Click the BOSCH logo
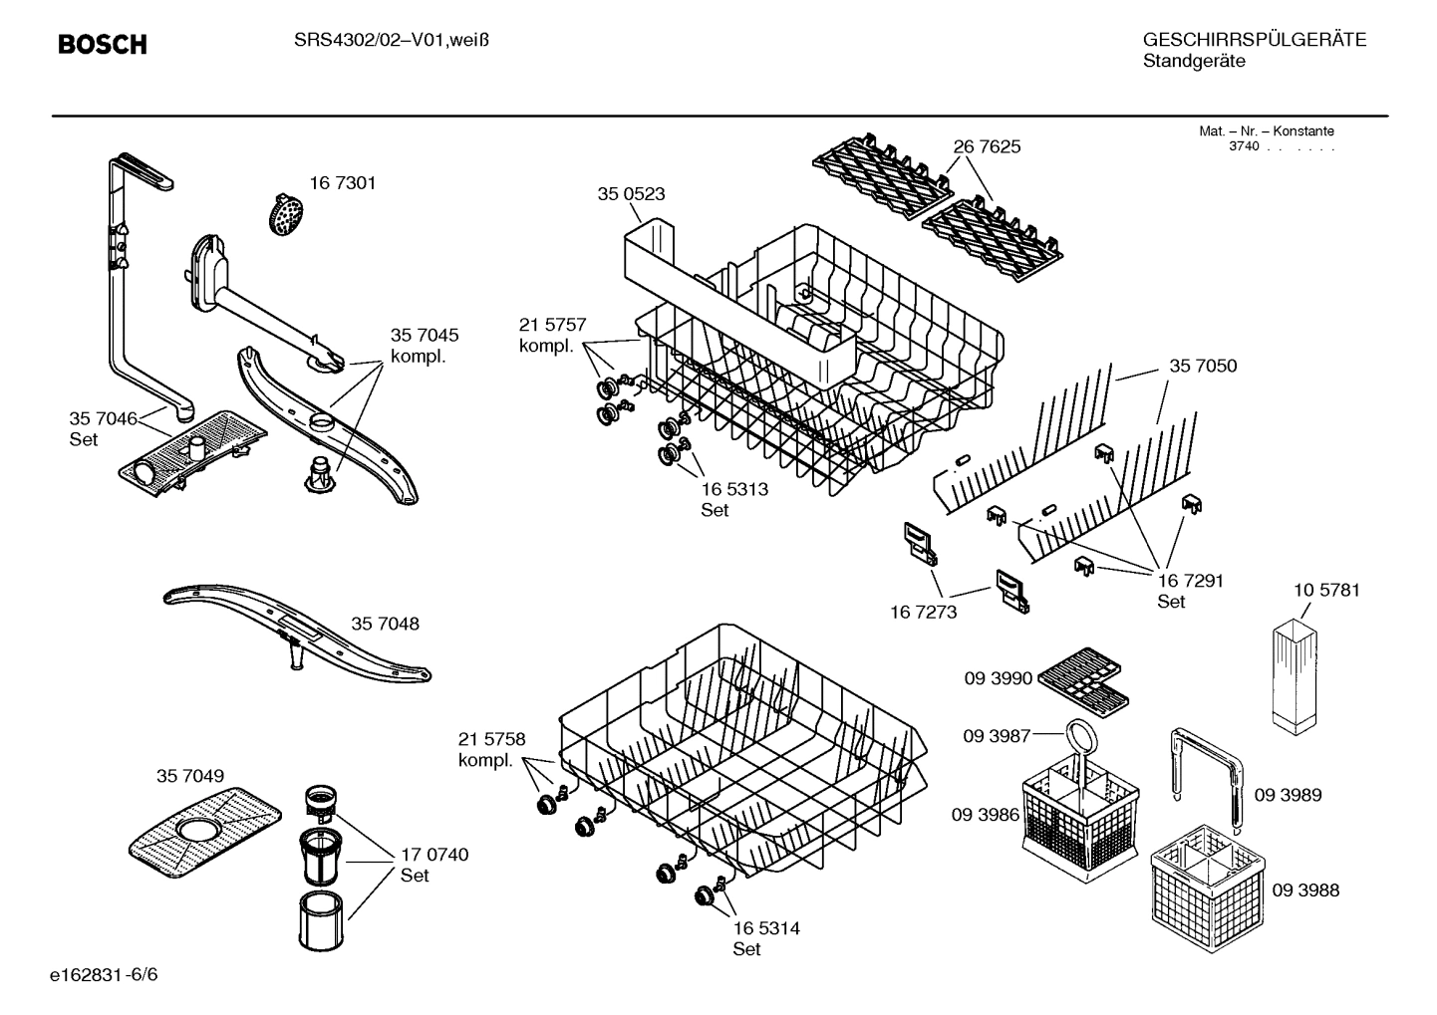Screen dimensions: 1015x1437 (103, 45)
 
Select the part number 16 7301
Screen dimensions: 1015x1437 (342, 183)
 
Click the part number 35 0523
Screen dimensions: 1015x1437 (631, 194)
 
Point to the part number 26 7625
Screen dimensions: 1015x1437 (987, 146)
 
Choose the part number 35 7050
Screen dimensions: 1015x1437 (1203, 367)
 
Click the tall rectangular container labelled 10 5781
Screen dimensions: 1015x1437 (1294, 673)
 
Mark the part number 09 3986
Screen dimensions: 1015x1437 (985, 815)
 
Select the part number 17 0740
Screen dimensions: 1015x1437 (433, 855)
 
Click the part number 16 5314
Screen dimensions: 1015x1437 (766, 928)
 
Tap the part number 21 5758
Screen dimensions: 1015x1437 (491, 739)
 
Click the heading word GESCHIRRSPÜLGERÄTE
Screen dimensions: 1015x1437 (1254, 41)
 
